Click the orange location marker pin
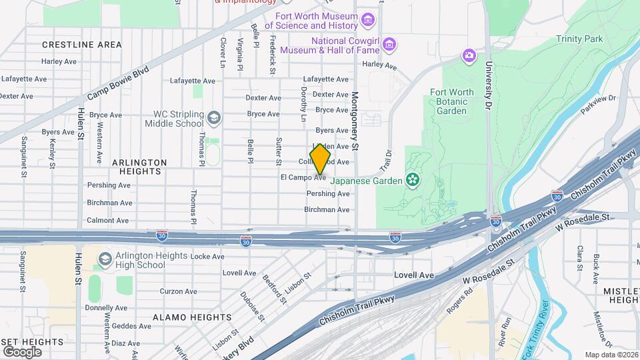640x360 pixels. coord(321,160)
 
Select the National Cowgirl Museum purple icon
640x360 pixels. coord(390,45)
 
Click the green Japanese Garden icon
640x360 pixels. coord(413,180)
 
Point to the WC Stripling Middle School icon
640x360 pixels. coord(214,119)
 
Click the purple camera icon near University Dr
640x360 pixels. coord(470,55)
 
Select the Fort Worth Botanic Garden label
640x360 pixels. coord(452,101)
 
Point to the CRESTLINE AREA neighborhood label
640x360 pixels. coord(81,45)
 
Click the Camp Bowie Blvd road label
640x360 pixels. coord(117,83)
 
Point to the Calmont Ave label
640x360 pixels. coord(107,220)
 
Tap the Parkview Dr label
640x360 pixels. coord(598,104)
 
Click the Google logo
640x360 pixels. coord(22,351)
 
